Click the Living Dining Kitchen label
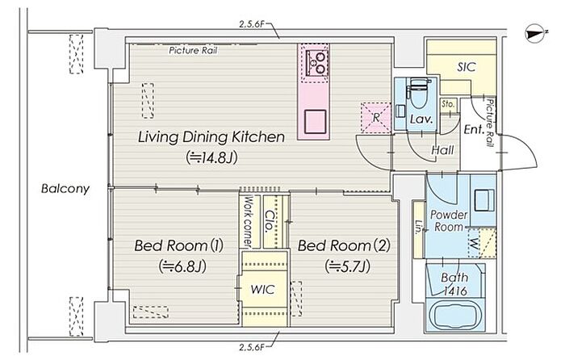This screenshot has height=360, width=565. (x=211, y=137)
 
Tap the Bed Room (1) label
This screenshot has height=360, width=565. (x=178, y=245)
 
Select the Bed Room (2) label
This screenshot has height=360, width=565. (x=344, y=245)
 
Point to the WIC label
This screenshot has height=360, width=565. (x=262, y=289)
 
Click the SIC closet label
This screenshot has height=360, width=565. (x=467, y=67)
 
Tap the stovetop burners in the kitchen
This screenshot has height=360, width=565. (x=316, y=63)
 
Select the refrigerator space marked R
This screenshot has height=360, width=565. (x=376, y=118)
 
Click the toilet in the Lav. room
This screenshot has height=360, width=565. (x=418, y=92)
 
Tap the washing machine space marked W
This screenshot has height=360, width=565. (x=475, y=244)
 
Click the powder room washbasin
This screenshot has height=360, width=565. (x=484, y=200)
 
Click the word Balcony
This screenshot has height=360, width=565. (x=65, y=189)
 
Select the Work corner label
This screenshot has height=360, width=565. (x=249, y=221)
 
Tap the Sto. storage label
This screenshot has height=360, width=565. (x=448, y=104)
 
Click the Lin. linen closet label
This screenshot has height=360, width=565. (x=418, y=228)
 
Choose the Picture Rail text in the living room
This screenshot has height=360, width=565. (x=193, y=51)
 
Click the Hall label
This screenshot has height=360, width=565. (x=442, y=150)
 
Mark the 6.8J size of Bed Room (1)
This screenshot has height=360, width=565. (x=182, y=267)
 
